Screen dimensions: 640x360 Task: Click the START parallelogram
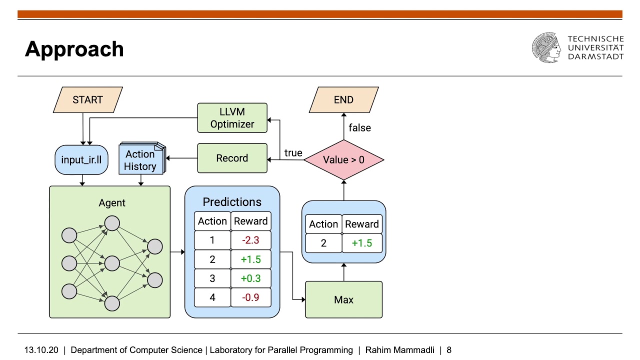click(x=87, y=99)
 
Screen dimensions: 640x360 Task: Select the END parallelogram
click(x=343, y=99)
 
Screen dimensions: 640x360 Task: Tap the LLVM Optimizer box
click(x=232, y=117)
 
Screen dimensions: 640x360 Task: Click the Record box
click(x=232, y=158)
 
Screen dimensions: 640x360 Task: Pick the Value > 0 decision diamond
click(x=343, y=160)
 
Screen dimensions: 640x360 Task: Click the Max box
click(x=343, y=299)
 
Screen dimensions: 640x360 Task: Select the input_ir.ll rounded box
click(x=81, y=159)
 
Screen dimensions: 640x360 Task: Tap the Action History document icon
click(x=141, y=160)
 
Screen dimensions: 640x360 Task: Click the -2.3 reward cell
click(x=250, y=240)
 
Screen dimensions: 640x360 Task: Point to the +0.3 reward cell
click(x=250, y=278)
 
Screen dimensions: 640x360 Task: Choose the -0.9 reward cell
click(x=250, y=297)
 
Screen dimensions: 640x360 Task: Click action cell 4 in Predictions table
click(x=212, y=297)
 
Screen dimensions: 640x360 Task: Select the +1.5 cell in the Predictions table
click(x=250, y=259)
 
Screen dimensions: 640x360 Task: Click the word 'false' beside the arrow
click(x=359, y=128)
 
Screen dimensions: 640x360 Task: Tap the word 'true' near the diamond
click(x=293, y=153)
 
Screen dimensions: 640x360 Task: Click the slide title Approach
click(x=74, y=49)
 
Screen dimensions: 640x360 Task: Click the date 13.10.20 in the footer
click(x=41, y=350)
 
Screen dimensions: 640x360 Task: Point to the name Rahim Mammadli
click(x=399, y=350)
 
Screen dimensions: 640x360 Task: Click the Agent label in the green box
click(x=112, y=203)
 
